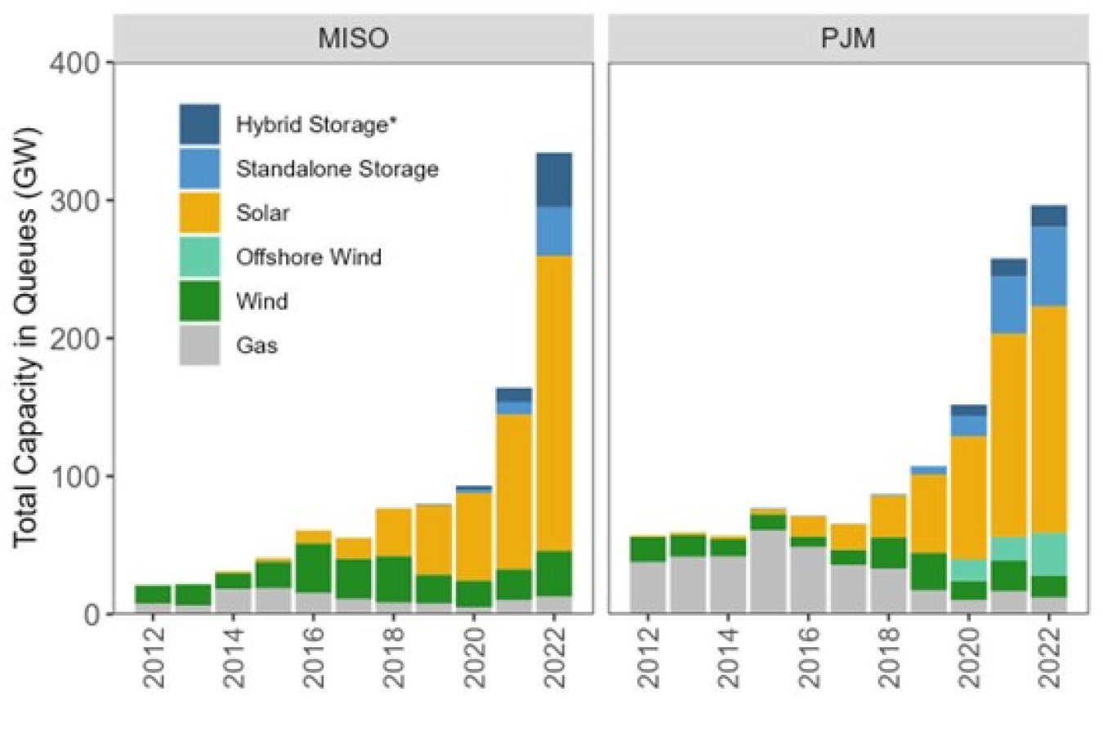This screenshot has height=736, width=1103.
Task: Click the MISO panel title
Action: pyautogui.click(x=353, y=38)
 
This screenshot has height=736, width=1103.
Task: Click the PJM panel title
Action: pyautogui.click(x=847, y=38)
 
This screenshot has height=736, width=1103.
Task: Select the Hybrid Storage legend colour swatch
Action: pyautogui.click(x=199, y=124)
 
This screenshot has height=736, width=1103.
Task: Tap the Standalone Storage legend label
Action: pyautogui.click(x=337, y=169)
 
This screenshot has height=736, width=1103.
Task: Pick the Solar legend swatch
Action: pyautogui.click(x=199, y=212)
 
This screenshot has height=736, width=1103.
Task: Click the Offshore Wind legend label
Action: pyautogui.click(x=308, y=257)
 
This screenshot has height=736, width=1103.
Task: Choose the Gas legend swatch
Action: pyautogui.click(x=199, y=345)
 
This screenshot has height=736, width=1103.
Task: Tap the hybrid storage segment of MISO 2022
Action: pyautogui.click(x=554, y=180)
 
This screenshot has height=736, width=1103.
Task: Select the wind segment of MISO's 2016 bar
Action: pyautogui.click(x=313, y=568)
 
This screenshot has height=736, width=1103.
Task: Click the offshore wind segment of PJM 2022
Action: pyautogui.click(x=1048, y=555)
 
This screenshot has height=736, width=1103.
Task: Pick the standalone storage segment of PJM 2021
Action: pyautogui.click(x=1008, y=304)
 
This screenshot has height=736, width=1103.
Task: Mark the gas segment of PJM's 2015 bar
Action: pyautogui.click(x=767, y=570)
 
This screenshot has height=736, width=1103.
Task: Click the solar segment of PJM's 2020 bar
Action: pyautogui.click(x=968, y=497)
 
